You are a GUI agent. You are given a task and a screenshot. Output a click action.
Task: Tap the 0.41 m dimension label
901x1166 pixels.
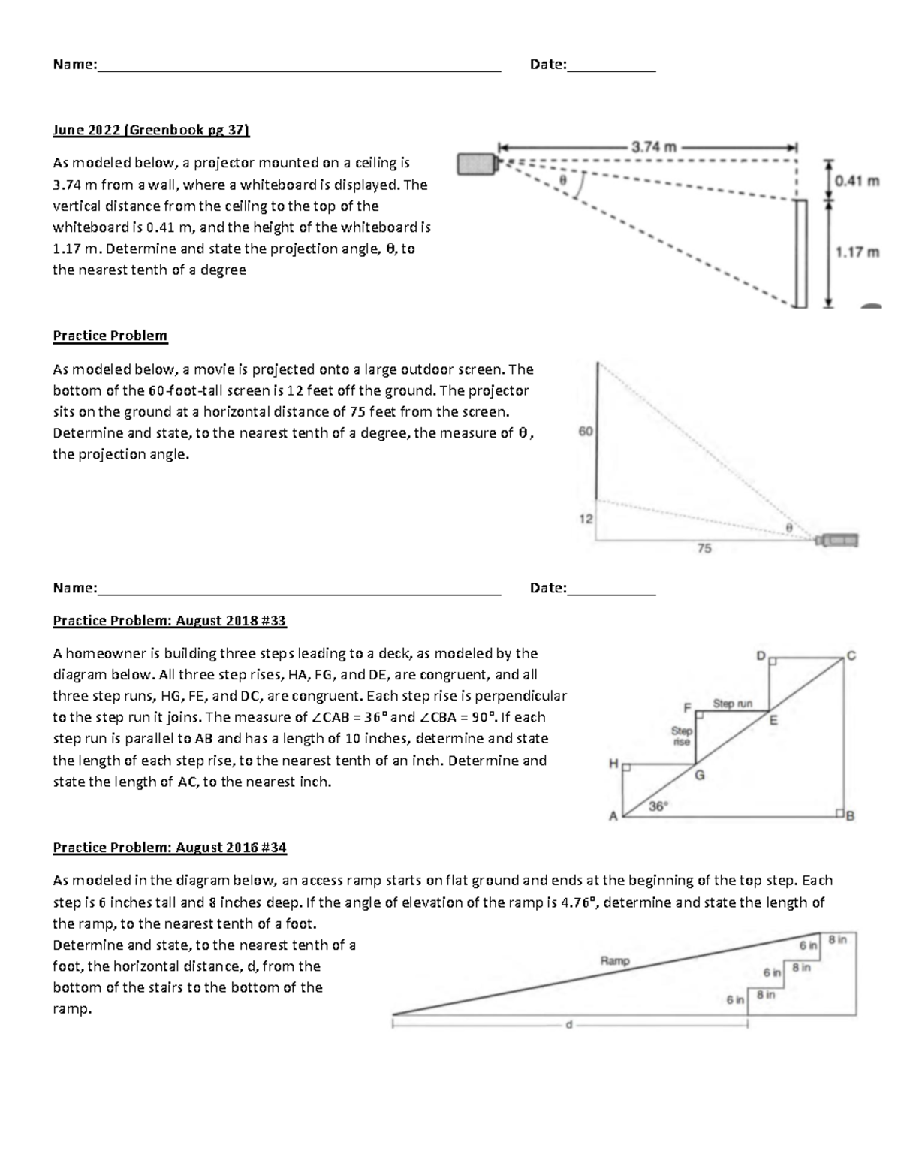857,180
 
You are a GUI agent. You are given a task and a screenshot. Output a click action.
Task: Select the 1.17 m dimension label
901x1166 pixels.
857,252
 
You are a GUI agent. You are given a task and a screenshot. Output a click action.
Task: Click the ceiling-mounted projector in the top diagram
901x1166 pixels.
476,164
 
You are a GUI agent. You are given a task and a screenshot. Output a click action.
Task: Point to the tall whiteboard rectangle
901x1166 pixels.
801,253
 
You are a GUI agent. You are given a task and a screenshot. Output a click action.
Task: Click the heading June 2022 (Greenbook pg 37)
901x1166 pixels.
150,130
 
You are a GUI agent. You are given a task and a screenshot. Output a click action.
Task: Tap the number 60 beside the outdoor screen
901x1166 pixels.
586,432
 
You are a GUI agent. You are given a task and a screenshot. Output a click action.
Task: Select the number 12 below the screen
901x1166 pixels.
586,519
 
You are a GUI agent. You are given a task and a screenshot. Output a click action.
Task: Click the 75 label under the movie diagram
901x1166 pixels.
704,549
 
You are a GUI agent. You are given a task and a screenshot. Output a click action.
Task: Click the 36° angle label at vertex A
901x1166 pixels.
658,806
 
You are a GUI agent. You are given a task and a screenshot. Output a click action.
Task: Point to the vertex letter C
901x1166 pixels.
851,655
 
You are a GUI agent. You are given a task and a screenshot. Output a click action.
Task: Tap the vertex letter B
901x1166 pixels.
851,817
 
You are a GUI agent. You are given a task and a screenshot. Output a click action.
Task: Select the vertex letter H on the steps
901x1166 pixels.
613,764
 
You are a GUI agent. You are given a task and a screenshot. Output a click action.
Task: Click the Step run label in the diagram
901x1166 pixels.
732,704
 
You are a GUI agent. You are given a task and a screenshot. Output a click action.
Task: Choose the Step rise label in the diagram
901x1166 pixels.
681,736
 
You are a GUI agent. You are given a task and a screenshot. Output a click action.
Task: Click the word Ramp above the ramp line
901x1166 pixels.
615,960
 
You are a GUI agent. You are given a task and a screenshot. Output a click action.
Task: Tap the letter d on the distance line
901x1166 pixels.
568,1026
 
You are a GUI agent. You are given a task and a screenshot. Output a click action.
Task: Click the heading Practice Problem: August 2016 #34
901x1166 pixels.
170,848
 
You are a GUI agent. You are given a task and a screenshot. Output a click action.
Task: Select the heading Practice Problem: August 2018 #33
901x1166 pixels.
170,621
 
